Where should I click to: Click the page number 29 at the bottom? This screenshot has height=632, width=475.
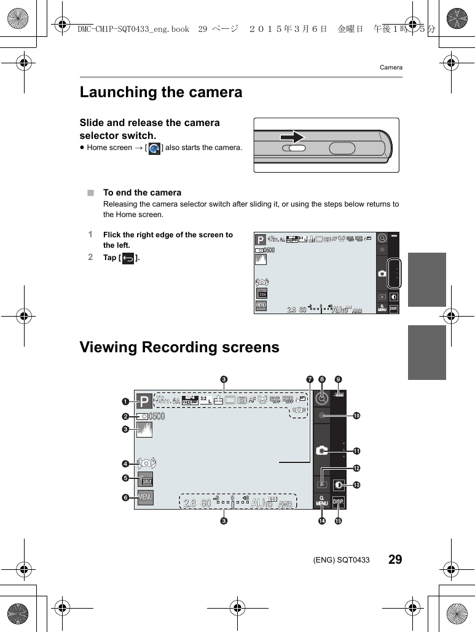(395, 559)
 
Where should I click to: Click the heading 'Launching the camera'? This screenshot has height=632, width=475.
(161, 92)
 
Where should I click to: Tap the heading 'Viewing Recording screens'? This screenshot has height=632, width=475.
(179, 347)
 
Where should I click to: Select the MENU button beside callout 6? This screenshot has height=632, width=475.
(145, 497)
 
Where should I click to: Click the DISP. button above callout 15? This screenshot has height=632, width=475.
(339, 502)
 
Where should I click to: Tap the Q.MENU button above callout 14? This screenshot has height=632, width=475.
(321, 502)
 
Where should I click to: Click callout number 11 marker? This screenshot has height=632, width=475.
(356, 451)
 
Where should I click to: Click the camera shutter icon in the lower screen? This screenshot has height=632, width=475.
(321, 451)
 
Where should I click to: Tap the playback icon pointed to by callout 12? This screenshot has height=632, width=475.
(321, 484)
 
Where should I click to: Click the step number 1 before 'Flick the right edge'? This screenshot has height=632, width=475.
(90, 234)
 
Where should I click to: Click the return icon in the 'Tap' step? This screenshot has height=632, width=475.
(128, 259)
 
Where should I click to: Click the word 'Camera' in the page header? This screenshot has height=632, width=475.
(391, 67)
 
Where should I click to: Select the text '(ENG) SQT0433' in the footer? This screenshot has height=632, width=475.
(341, 559)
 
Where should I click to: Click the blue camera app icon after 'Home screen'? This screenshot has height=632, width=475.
(154, 149)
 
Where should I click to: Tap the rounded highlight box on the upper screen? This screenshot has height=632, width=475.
(395, 273)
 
